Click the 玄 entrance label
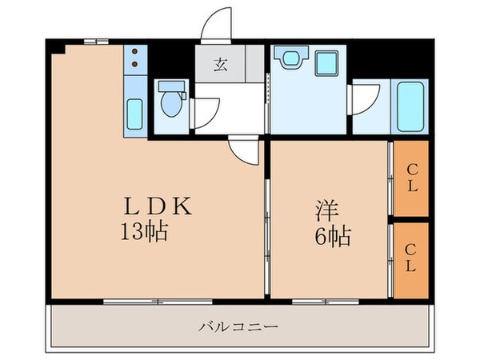(x=219, y=65)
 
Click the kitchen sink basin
(x=135, y=111)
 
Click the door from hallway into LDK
(x=245, y=149)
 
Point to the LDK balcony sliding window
(x=158, y=302)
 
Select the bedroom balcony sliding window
(x=328, y=302)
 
